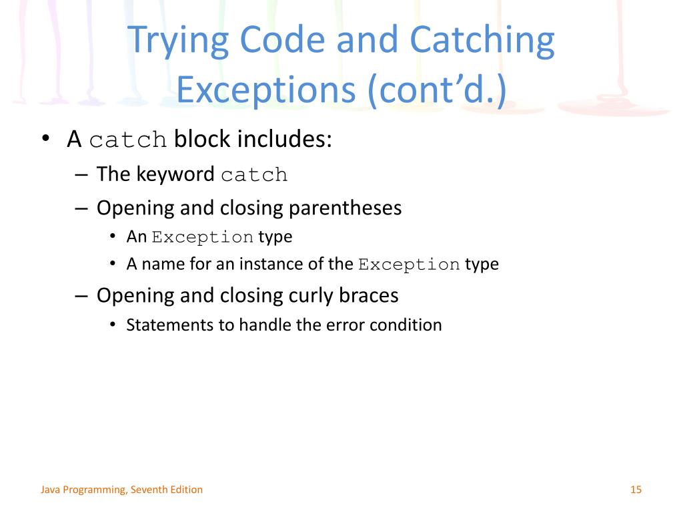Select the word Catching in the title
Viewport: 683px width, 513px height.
[x=482, y=41]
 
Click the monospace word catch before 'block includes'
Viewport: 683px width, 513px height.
[x=127, y=140]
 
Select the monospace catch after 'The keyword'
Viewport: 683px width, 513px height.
[x=254, y=175]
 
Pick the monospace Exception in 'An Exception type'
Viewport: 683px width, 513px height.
[x=202, y=237]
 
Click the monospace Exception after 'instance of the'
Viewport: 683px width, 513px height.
[x=409, y=265]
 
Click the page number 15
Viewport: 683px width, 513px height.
[x=635, y=490]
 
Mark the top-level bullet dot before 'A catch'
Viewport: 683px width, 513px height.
[x=45, y=140]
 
